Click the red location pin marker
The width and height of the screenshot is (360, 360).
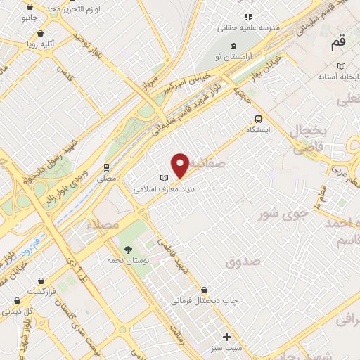(x=181, y=165)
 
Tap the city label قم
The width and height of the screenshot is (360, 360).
(x=338, y=43)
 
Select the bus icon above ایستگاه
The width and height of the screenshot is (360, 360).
(x=258, y=118)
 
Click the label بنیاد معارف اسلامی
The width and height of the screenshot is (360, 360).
(x=164, y=189)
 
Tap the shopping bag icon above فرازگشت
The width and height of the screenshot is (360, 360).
(x=41, y=279)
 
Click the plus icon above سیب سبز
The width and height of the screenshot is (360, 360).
(x=226, y=336)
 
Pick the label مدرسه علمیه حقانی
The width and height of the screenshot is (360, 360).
(x=252, y=27)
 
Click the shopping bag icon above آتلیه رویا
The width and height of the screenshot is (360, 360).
(x=41, y=33)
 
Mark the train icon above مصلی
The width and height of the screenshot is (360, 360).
(x=106, y=167)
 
